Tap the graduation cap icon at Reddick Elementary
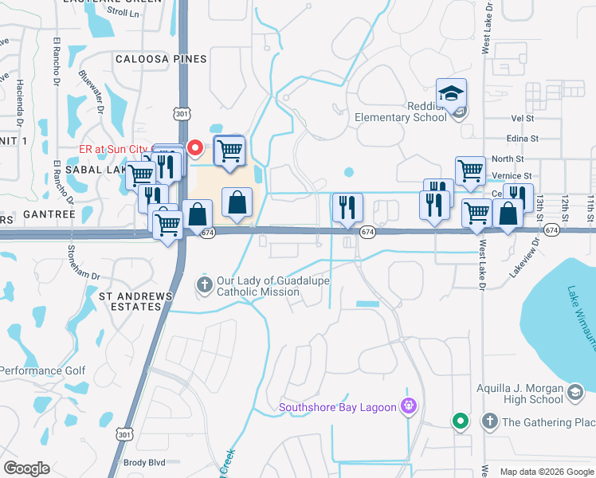[451, 94]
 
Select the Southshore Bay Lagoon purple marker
[410, 406]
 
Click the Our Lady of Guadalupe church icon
[204, 284]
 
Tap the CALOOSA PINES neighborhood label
[161, 59]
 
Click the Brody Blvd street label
[143, 462]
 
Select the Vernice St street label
[512, 175]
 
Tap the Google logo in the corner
[26, 468]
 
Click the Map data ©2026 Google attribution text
[546, 472]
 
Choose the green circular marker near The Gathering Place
[460, 421]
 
